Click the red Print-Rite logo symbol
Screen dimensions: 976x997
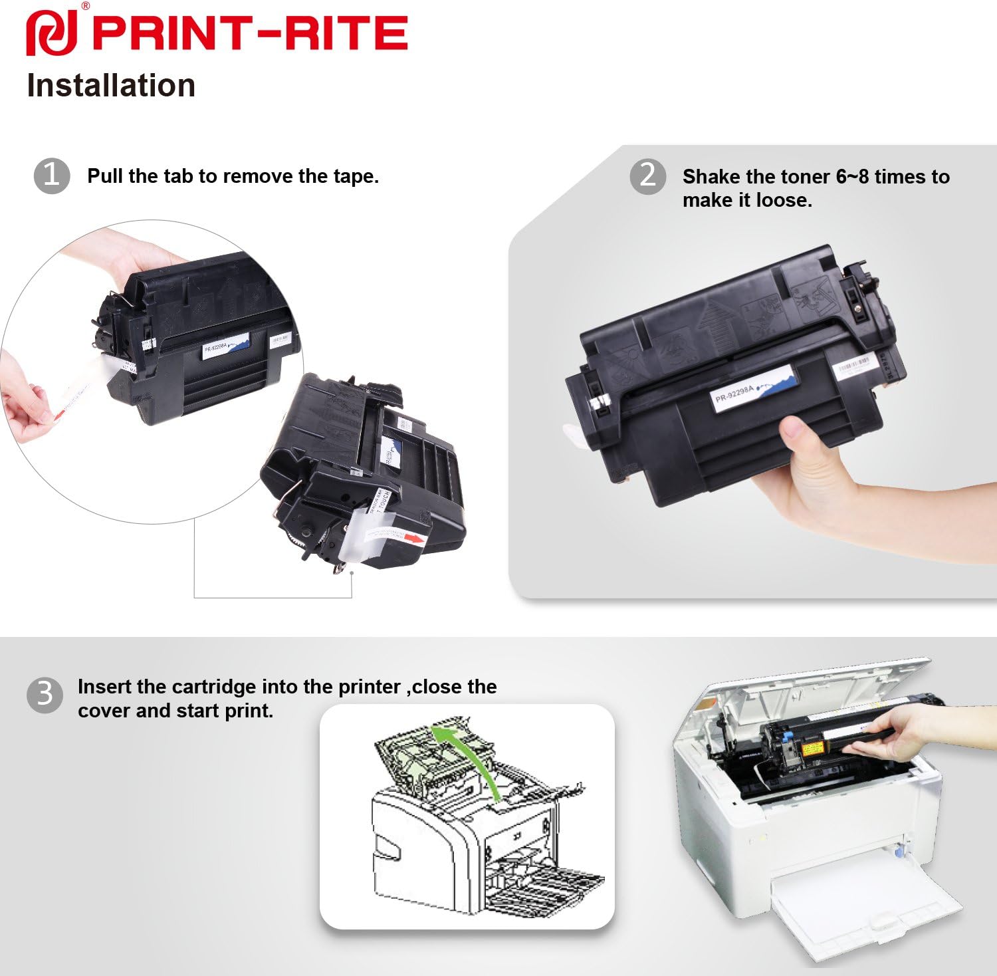51,33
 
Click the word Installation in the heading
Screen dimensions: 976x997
111,86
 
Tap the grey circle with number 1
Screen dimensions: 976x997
52,176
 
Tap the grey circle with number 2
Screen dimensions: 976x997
647,176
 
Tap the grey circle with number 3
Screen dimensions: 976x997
45,695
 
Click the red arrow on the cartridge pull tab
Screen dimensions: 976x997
414,539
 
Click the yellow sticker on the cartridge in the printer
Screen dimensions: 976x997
814,749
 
